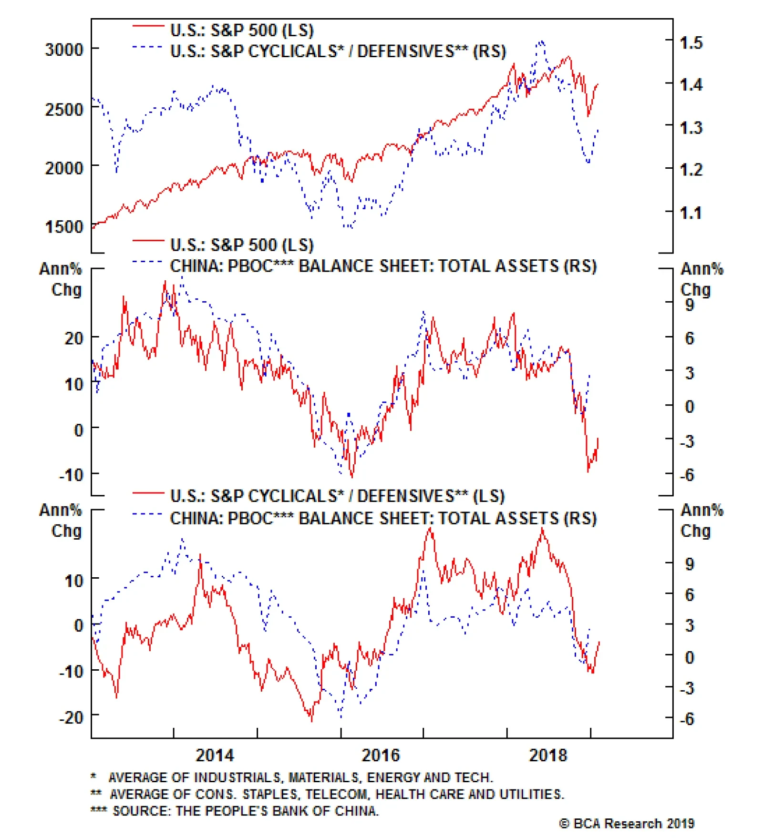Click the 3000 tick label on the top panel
click(63, 50)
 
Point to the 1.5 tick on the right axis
click(691, 43)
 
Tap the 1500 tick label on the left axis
click(63, 227)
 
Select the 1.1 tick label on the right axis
click(691, 213)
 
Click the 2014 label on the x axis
click(215, 756)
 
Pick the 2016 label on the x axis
click(381, 756)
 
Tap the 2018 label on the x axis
click(548, 756)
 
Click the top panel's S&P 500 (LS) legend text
click(242, 31)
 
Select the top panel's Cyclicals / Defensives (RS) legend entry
click(338, 51)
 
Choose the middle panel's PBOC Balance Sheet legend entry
click(383, 266)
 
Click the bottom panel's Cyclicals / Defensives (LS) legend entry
click(337, 496)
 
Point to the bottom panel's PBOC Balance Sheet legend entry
click(383, 518)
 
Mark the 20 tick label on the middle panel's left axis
click(74, 338)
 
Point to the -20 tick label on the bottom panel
click(71, 717)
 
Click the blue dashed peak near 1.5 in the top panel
click(541, 43)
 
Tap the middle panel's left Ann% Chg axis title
click(61, 279)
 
